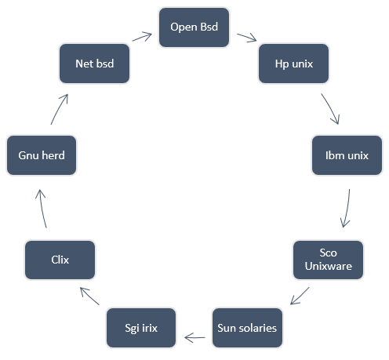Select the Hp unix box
click(294, 64)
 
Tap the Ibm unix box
click(346, 155)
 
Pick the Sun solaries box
click(247, 327)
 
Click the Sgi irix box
click(140, 328)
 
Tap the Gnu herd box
click(41, 155)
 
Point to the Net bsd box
click(94, 64)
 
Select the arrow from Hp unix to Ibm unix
click(332, 109)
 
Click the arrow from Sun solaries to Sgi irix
click(194, 337)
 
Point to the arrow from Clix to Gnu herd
click(43, 208)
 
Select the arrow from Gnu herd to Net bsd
click(60, 109)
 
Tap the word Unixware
click(328, 267)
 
